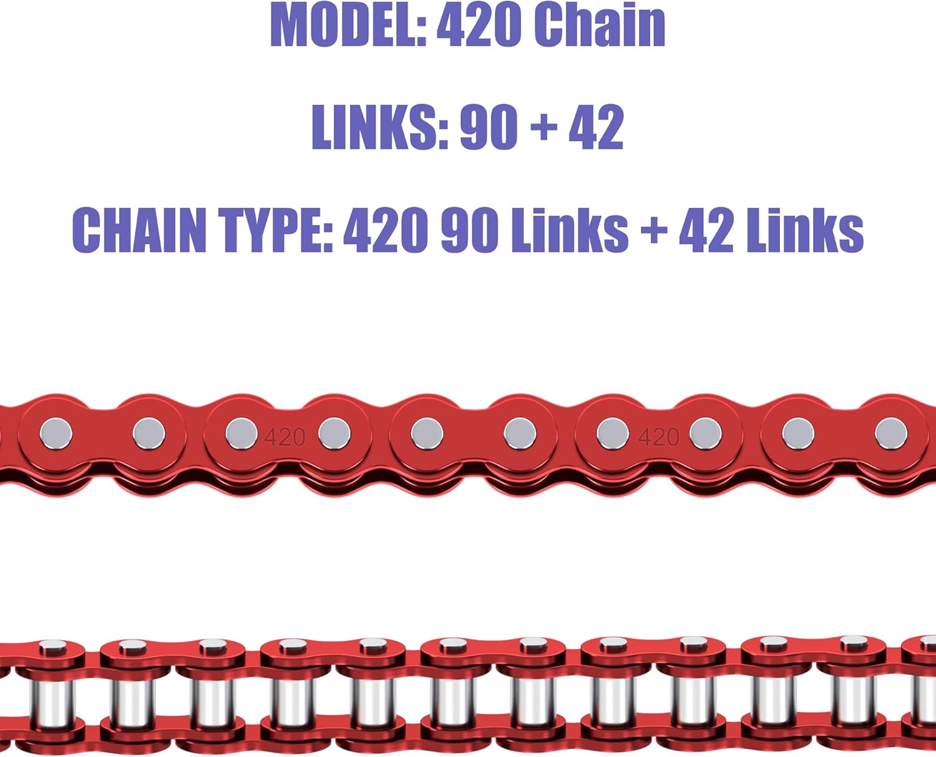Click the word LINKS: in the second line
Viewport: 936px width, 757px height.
379,127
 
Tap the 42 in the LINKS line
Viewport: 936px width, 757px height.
596,127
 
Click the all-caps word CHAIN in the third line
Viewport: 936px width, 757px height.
139,230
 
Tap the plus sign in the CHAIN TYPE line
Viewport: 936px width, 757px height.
653,230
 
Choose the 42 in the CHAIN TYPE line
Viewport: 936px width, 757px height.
706,230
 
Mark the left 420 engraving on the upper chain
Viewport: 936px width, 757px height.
285,437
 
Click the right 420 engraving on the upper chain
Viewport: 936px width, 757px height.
658,437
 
